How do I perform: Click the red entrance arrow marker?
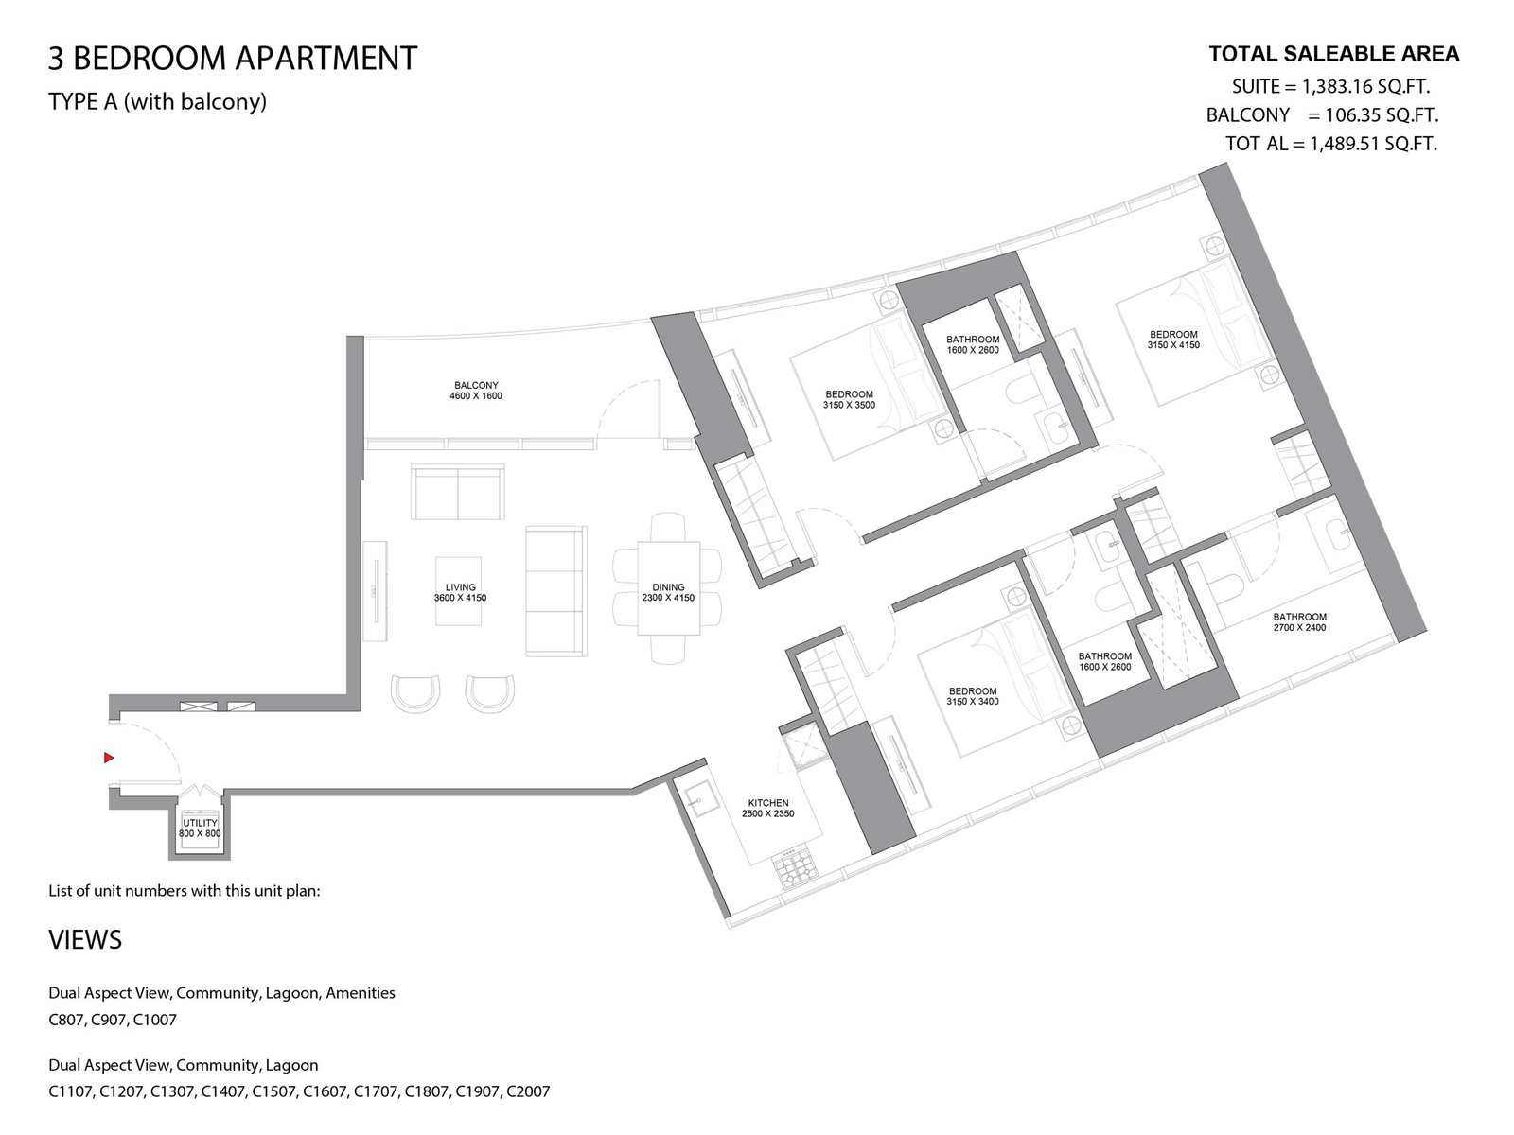[x=108, y=758]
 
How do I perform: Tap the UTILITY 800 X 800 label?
[x=200, y=829]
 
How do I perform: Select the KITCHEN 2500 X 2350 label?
[x=767, y=809]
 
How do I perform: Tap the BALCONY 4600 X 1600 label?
[x=475, y=391]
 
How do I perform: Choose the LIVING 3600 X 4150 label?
[x=460, y=593]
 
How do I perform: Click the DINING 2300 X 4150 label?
[x=668, y=593]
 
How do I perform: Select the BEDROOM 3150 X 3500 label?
[x=849, y=400]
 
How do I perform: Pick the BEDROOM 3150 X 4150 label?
[x=1173, y=340]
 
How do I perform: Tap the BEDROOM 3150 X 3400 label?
[x=973, y=696]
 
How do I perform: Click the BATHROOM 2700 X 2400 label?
[x=1299, y=622]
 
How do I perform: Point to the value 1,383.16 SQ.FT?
[x=1365, y=87]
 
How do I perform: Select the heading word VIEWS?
[x=85, y=940]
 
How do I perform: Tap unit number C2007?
[x=528, y=1091]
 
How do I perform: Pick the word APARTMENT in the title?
[x=326, y=58]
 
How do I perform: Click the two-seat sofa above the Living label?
[x=457, y=492]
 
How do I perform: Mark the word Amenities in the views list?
[x=361, y=993]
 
